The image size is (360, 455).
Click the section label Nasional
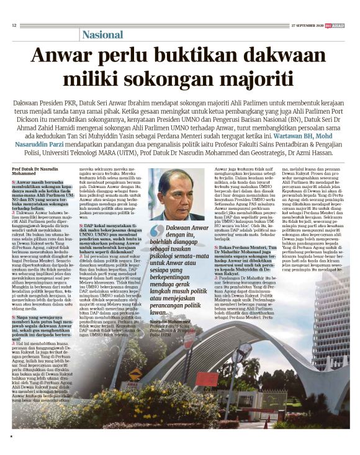pyautogui.click(x=103, y=35)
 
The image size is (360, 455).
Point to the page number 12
pyautogui.click(x=14, y=25)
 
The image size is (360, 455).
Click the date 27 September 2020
pyautogui.click(x=308, y=25)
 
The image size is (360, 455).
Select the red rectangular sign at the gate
pyautogui.click(x=205, y=379)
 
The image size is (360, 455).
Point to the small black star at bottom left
pyautogui.click(x=11, y=438)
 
